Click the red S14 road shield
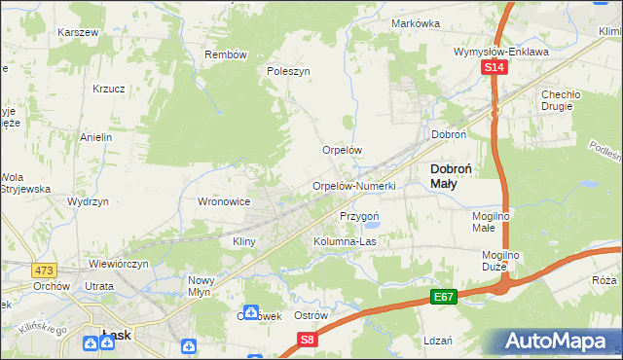tap(495, 67)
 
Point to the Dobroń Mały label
tap(452, 175)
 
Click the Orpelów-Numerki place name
tap(352, 186)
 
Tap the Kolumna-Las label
tap(344, 241)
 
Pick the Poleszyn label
tap(288, 71)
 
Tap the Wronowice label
tap(225, 201)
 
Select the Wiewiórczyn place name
tap(118, 264)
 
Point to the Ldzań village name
tap(438, 341)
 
